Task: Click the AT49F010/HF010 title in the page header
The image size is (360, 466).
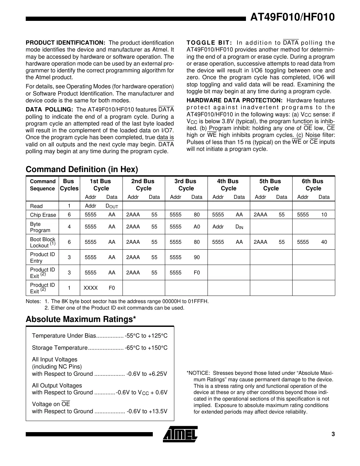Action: tap(292, 17)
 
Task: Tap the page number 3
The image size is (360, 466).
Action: tap(333, 434)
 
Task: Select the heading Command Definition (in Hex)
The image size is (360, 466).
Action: tap(82, 169)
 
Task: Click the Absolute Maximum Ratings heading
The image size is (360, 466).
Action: tap(81, 319)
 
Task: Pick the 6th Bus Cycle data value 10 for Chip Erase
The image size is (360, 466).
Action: tap(324, 214)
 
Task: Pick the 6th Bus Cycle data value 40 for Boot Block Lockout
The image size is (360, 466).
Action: tap(324, 242)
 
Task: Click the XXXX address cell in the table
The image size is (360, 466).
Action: tap(91, 288)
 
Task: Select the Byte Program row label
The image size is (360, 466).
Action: tap(40, 227)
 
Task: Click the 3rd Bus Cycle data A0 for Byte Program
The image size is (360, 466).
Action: tap(196, 226)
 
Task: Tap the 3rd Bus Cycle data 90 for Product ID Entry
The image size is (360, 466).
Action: tap(196, 257)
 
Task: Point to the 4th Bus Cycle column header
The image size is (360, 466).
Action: tap(228, 185)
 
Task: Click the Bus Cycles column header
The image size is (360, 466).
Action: tap(69, 185)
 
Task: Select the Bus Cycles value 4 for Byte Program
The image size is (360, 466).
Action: tap(69, 226)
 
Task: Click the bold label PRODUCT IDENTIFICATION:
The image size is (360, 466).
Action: tap(65, 43)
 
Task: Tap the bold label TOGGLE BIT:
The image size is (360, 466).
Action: tap(209, 43)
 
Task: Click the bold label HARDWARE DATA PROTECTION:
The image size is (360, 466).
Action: tap(234, 100)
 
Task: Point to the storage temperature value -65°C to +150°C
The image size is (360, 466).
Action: tap(146, 348)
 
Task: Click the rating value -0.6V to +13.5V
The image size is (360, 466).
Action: tap(147, 411)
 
